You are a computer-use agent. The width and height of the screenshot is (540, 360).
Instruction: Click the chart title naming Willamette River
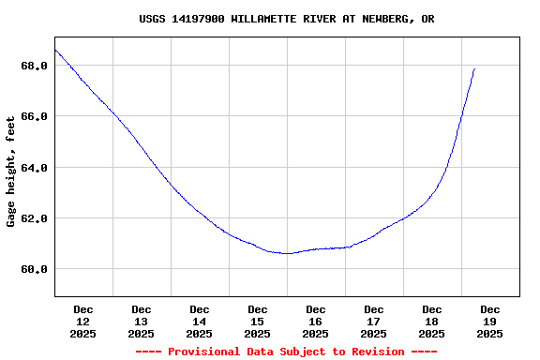click(x=286, y=19)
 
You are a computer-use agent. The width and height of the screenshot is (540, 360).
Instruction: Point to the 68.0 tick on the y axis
click(x=34, y=66)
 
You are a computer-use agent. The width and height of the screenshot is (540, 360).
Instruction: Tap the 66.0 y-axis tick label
click(x=34, y=116)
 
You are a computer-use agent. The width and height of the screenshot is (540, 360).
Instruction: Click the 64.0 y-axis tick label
click(x=34, y=168)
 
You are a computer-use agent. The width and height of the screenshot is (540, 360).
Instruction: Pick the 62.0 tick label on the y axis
click(x=34, y=218)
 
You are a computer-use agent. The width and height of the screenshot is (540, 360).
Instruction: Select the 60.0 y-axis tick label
click(x=34, y=269)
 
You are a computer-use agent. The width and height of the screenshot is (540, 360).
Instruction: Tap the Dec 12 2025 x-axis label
click(x=83, y=321)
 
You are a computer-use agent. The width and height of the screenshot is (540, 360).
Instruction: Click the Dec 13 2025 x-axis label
click(x=142, y=321)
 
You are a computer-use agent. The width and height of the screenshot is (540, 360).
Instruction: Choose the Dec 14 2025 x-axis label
click(x=200, y=321)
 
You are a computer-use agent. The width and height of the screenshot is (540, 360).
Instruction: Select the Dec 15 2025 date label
click(x=258, y=321)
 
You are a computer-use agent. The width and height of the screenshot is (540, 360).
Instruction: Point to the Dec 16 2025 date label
click(x=316, y=321)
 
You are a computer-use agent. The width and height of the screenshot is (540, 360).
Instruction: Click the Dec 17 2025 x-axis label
click(x=374, y=321)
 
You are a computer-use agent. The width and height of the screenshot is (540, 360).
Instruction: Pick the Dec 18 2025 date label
click(x=432, y=321)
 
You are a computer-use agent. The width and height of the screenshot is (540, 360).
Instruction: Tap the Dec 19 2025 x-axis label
click(x=490, y=321)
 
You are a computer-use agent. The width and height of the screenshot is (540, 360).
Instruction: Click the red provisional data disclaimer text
click(x=286, y=352)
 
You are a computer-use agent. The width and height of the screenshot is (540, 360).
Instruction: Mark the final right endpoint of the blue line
click(x=474, y=68)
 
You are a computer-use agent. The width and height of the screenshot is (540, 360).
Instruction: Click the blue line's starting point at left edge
click(x=55, y=50)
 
